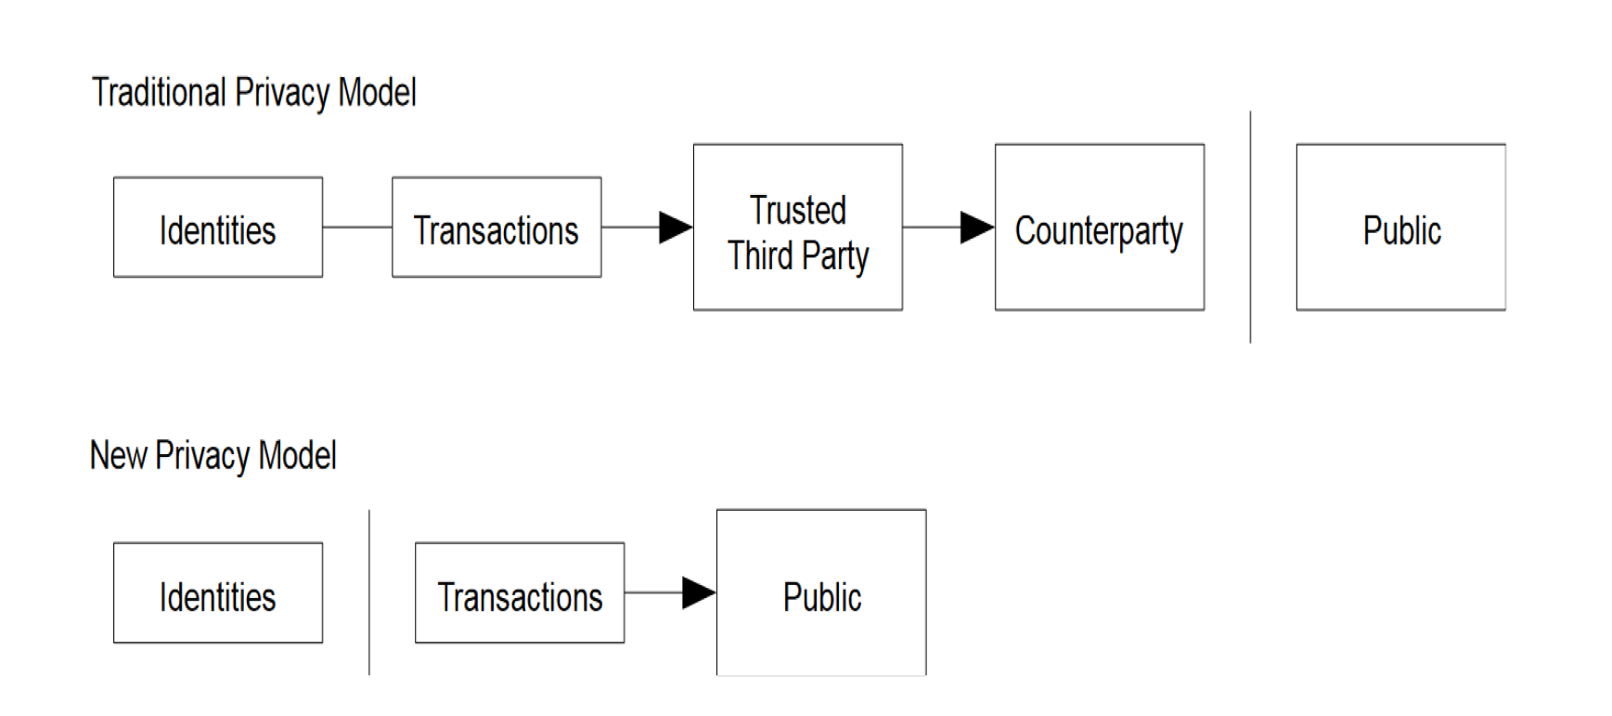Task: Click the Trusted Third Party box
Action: pos(797,227)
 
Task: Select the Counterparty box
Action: pos(1100,227)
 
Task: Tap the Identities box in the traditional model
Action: pos(218,227)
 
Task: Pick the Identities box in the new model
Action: pos(218,592)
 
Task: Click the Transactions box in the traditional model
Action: pos(496,227)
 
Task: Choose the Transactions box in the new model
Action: pos(520,592)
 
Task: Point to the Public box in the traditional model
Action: pos(1401,227)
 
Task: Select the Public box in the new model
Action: pos(821,592)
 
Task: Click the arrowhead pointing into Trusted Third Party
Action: pos(676,227)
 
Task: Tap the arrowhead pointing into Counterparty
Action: pos(977,227)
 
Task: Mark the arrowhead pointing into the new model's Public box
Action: pos(699,592)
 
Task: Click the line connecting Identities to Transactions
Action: pos(357,227)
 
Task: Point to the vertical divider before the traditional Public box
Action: pos(1250,227)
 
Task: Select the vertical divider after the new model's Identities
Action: pos(369,592)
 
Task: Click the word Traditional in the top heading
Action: pos(159,93)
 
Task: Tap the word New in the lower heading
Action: pos(118,455)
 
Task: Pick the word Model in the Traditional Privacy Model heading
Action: pos(377,93)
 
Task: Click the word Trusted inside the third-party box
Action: pos(798,210)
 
